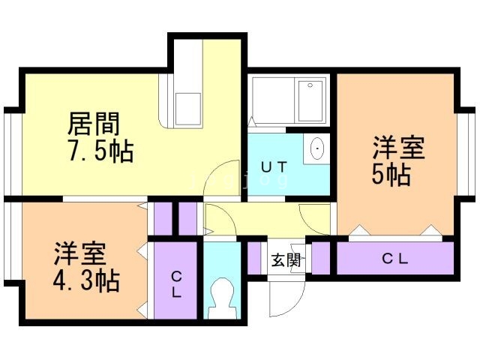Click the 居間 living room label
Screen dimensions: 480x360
tap(93, 124)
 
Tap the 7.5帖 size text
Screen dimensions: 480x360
tap(101, 151)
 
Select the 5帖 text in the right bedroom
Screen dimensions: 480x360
tap(391, 175)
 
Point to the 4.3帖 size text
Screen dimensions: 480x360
tap(86, 280)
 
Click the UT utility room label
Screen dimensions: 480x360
tap(274, 167)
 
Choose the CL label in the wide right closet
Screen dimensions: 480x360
tap(395, 259)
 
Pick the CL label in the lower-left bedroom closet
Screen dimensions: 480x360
tap(176, 285)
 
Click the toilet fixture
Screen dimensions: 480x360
tap(222, 298)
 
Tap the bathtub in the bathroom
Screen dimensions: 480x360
tap(310, 101)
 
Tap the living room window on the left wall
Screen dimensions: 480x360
tap(12, 154)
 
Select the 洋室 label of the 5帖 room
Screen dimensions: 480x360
tap(398, 148)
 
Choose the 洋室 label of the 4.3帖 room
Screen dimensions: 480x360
tap(80, 253)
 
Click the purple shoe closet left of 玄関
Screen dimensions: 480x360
tap(253, 258)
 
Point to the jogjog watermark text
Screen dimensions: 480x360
tap(238, 181)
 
